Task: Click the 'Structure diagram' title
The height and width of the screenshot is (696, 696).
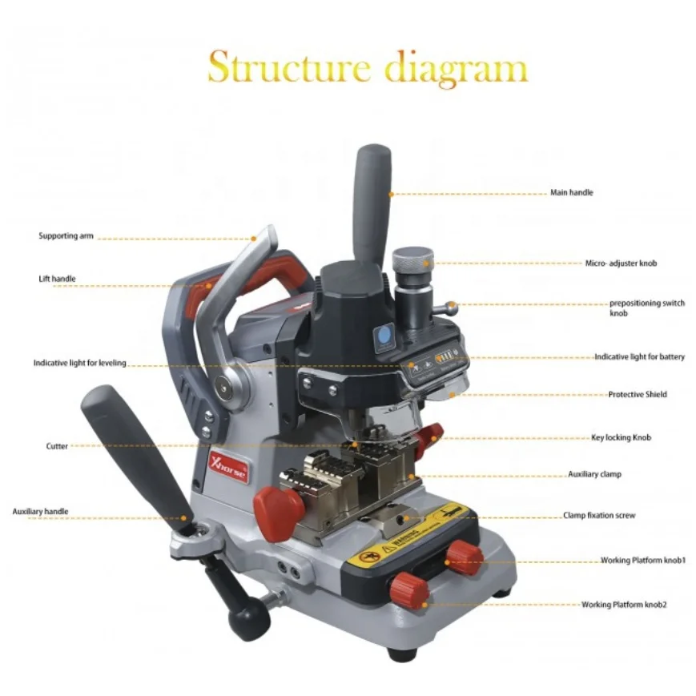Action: (x=368, y=68)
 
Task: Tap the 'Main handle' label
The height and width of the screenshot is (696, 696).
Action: (x=571, y=193)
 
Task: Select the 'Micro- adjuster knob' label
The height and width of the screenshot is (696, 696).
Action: (x=621, y=263)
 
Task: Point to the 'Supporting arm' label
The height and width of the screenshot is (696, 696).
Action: (x=66, y=236)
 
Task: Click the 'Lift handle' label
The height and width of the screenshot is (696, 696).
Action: (x=57, y=279)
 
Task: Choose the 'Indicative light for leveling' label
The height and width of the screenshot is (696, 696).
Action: (x=79, y=363)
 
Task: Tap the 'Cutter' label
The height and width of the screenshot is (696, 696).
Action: (x=57, y=445)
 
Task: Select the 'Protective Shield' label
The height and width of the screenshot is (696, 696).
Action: (x=638, y=395)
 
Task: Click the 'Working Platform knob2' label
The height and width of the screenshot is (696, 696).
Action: (x=624, y=604)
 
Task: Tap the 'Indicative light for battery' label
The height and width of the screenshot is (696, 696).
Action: (x=639, y=356)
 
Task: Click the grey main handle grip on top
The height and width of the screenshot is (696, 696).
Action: (x=373, y=192)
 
